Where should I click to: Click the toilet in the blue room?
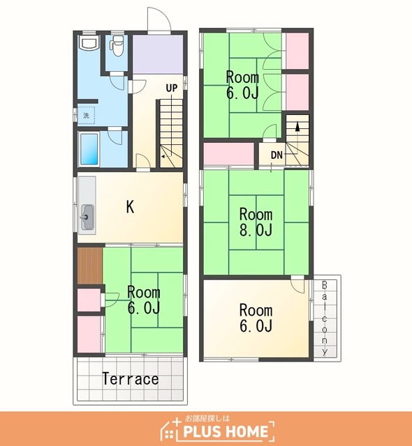point(117,45)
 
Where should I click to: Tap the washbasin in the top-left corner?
point(89,43)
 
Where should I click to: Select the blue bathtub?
point(89,149)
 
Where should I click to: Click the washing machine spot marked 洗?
point(86,116)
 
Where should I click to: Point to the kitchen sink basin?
point(87,217)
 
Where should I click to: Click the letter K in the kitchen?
point(130,207)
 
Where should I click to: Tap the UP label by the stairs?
point(172,89)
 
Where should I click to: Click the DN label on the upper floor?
point(277,155)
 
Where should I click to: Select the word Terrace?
point(130,379)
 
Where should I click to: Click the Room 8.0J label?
point(256,222)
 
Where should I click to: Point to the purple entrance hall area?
point(158,54)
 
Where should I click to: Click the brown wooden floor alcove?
point(90,266)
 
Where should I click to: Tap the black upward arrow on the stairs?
point(297,126)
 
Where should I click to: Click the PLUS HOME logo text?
point(226,431)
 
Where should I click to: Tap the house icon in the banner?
point(170,428)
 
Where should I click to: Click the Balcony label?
point(325,318)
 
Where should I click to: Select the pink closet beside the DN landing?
point(228,154)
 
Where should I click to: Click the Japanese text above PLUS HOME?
point(207,418)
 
